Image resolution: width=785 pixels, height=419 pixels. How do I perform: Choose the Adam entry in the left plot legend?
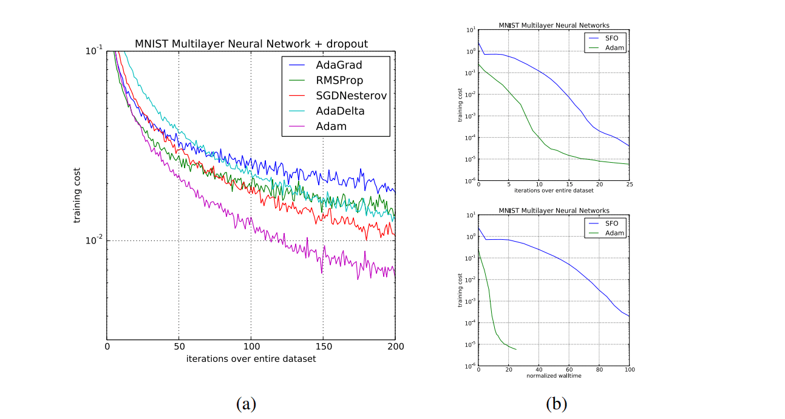[x=331, y=127]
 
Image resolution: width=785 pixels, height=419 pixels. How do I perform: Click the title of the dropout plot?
[x=251, y=44]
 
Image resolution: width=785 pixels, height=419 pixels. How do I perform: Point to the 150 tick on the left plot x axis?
[x=323, y=347]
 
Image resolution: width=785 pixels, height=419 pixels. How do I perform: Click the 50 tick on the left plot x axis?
[x=178, y=347]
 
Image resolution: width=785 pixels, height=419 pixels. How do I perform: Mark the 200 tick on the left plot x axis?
[x=395, y=347]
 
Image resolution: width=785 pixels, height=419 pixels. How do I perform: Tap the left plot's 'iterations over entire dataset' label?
[x=251, y=359]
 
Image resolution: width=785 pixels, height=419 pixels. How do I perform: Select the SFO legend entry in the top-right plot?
[x=611, y=37]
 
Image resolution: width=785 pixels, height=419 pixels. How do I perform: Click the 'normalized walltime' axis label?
[x=554, y=376]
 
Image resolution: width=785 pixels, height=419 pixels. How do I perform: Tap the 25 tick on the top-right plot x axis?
[x=629, y=185]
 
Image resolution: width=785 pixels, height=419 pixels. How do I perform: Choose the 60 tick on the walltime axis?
[x=569, y=370]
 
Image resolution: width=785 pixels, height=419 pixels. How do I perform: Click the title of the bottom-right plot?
[x=554, y=211]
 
